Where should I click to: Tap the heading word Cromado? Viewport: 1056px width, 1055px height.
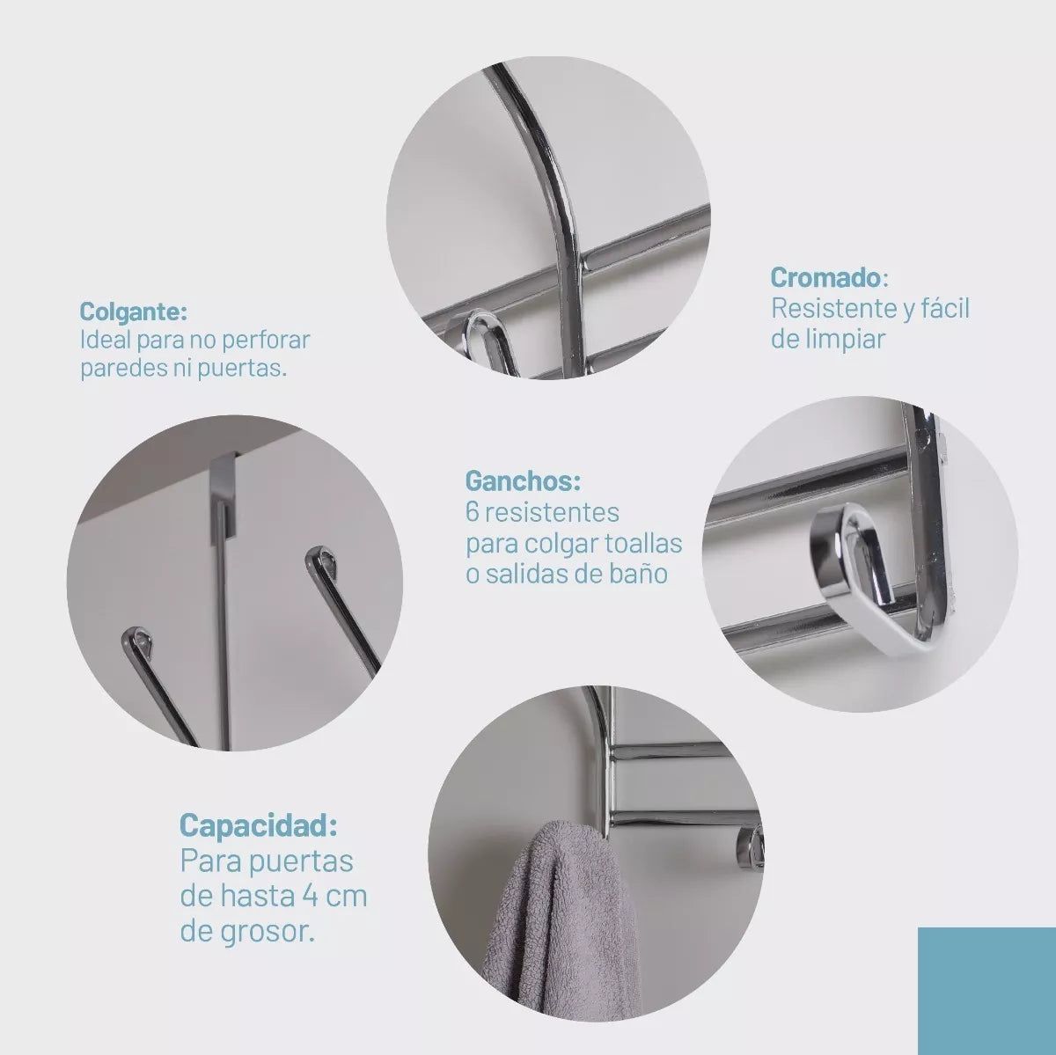click(x=825, y=277)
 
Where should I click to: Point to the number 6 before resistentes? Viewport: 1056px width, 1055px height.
click(x=472, y=513)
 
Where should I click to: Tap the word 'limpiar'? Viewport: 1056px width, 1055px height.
click(x=841, y=339)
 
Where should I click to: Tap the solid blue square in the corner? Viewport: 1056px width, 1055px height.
click(x=987, y=991)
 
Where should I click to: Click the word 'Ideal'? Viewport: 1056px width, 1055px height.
click(x=106, y=340)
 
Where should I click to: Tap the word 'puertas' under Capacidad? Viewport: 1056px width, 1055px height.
click(x=301, y=861)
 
